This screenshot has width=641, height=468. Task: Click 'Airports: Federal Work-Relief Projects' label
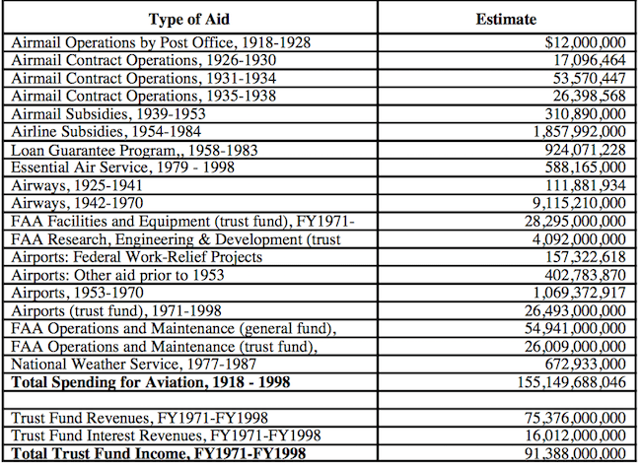[137, 257]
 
